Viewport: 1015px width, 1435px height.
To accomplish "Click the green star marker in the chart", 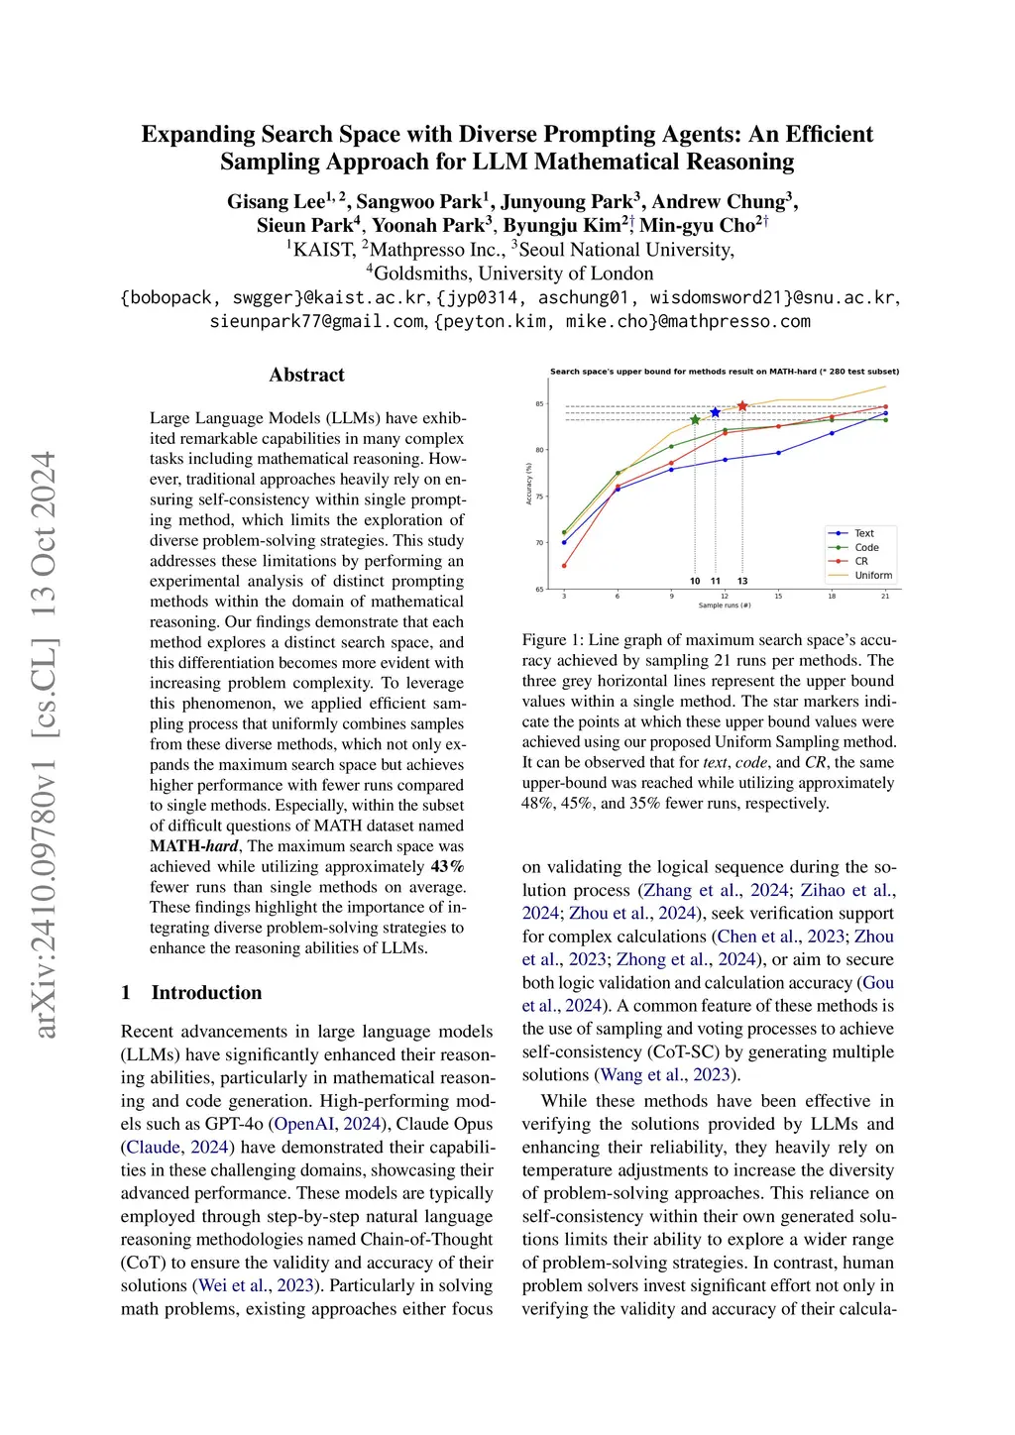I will pyautogui.click(x=695, y=419).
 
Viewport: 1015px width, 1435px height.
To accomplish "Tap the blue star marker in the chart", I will pyautogui.click(x=715, y=412).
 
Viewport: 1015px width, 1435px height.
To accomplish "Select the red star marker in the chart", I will pyautogui.click(x=742, y=406).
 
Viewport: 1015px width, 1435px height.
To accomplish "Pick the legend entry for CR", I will pyautogui.click(x=861, y=561).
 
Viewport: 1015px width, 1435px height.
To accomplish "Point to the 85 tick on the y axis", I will pyautogui.click(x=540, y=404).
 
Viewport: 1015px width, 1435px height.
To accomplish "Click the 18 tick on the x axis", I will pyautogui.click(x=832, y=596).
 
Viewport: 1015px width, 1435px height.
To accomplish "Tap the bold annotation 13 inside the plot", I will pyautogui.click(x=742, y=581).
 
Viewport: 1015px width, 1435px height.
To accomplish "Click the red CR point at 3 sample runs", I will pyautogui.click(x=564, y=566).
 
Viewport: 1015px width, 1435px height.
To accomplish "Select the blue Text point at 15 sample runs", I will pyautogui.click(x=778, y=453).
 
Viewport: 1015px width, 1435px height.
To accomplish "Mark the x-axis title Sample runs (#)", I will pyautogui.click(x=725, y=606).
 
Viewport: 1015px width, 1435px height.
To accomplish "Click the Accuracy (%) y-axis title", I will pyautogui.click(x=529, y=484).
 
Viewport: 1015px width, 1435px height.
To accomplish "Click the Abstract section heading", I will pyautogui.click(x=306, y=375).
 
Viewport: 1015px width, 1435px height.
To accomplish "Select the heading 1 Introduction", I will pyautogui.click(x=191, y=992).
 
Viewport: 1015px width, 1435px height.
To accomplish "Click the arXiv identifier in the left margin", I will pyautogui.click(x=45, y=743).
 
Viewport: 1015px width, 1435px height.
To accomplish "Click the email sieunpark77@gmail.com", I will pyautogui.click(x=316, y=321).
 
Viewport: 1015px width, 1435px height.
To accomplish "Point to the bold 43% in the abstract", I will pyautogui.click(x=447, y=866).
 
